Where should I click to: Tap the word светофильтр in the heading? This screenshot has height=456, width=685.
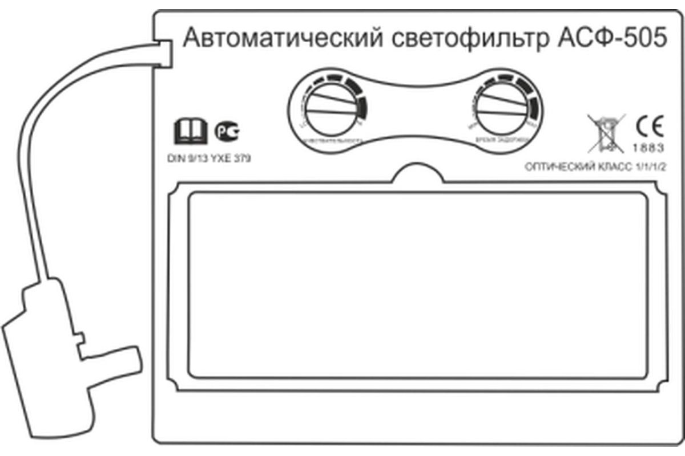coord(463,40)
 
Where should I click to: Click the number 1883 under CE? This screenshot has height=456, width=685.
coord(648,148)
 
